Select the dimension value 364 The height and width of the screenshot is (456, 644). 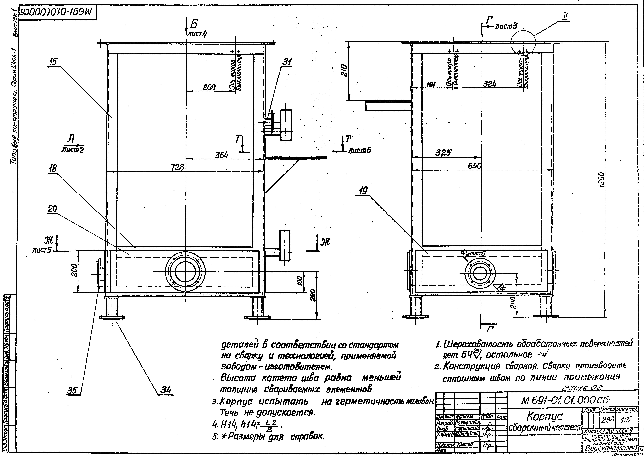tap(221, 155)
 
